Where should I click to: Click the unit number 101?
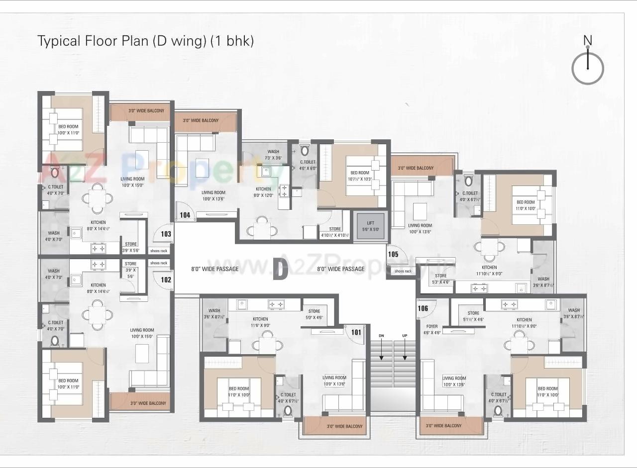pos(356,332)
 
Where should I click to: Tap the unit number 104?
pos(185,215)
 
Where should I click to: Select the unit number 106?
pos(423,308)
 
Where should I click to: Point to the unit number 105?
pos(393,254)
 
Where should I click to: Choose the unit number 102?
pos(166,280)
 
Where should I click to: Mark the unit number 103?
pos(166,234)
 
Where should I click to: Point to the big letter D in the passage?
pos(281,269)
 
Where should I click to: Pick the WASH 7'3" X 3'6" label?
pos(273,155)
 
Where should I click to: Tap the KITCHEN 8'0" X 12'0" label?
pos(263,192)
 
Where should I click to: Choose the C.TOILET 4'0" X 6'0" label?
pos(308,165)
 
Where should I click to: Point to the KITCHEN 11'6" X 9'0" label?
pos(260,322)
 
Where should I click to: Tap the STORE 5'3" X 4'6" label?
pos(440,279)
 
